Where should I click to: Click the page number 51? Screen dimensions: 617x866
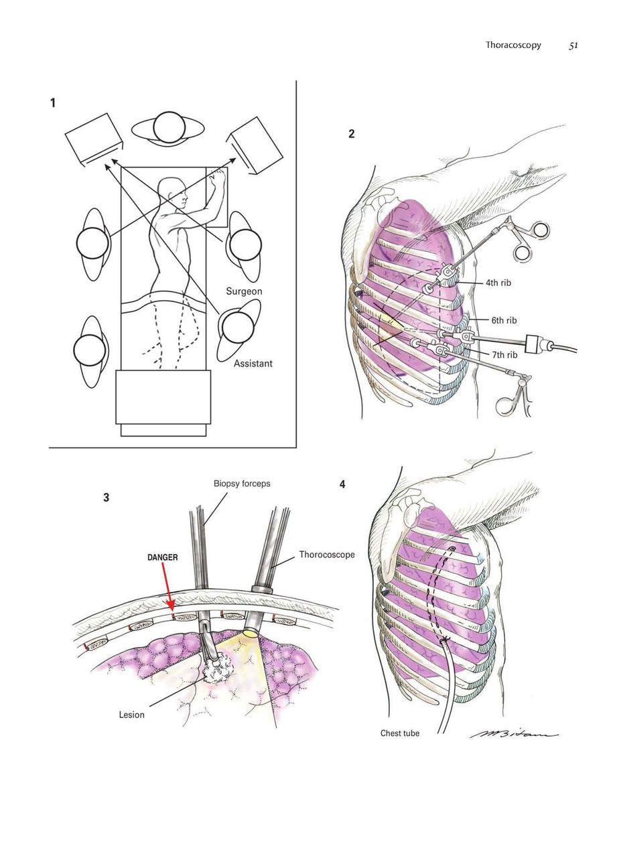(x=573, y=46)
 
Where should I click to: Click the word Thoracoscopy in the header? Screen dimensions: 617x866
(x=513, y=45)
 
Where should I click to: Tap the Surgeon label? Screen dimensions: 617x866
(x=244, y=291)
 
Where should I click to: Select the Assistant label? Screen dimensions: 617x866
(x=253, y=364)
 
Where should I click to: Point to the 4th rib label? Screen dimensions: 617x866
(x=498, y=283)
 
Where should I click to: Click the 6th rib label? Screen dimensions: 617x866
(x=504, y=320)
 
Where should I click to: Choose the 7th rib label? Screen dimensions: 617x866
(x=504, y=354)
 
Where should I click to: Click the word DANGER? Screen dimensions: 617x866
(x=163, y=557)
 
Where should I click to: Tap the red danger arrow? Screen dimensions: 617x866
(x=167, y=587)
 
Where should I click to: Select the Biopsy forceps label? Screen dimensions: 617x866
(x=242, y=484)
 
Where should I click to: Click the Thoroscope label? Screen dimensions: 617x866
(x=327, y=555)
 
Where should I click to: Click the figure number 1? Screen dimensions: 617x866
(x=53, y=103)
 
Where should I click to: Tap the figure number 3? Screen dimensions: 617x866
(x=107, y=498)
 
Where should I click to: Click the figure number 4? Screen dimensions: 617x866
(x=342, y=484)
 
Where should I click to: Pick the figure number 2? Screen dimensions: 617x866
(x=352, y=134)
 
